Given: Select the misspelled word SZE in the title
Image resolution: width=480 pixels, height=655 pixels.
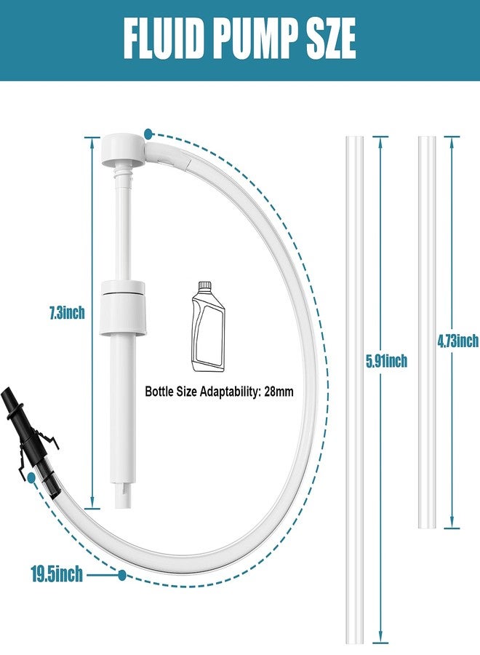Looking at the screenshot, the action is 329,39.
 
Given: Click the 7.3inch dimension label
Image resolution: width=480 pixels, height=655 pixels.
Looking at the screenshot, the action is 67,312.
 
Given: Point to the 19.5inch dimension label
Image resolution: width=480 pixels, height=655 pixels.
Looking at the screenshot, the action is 57,575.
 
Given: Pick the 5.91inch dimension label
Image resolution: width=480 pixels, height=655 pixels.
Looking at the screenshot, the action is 386,360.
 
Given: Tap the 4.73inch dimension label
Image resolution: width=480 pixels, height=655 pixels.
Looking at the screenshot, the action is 458,341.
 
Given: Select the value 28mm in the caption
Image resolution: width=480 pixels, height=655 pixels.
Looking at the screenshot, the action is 279,392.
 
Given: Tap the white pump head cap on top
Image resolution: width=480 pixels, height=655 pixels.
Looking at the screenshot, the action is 123,149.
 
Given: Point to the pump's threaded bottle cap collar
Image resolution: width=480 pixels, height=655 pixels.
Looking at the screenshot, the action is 123,308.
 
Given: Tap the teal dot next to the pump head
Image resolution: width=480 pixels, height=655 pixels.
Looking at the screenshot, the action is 148,134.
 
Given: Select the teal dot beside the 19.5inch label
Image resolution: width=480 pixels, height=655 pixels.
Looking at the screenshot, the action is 122,575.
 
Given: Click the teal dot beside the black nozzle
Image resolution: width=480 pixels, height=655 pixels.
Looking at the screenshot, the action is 31,477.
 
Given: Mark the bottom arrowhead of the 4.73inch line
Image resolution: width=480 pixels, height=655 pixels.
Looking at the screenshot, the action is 452,524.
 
